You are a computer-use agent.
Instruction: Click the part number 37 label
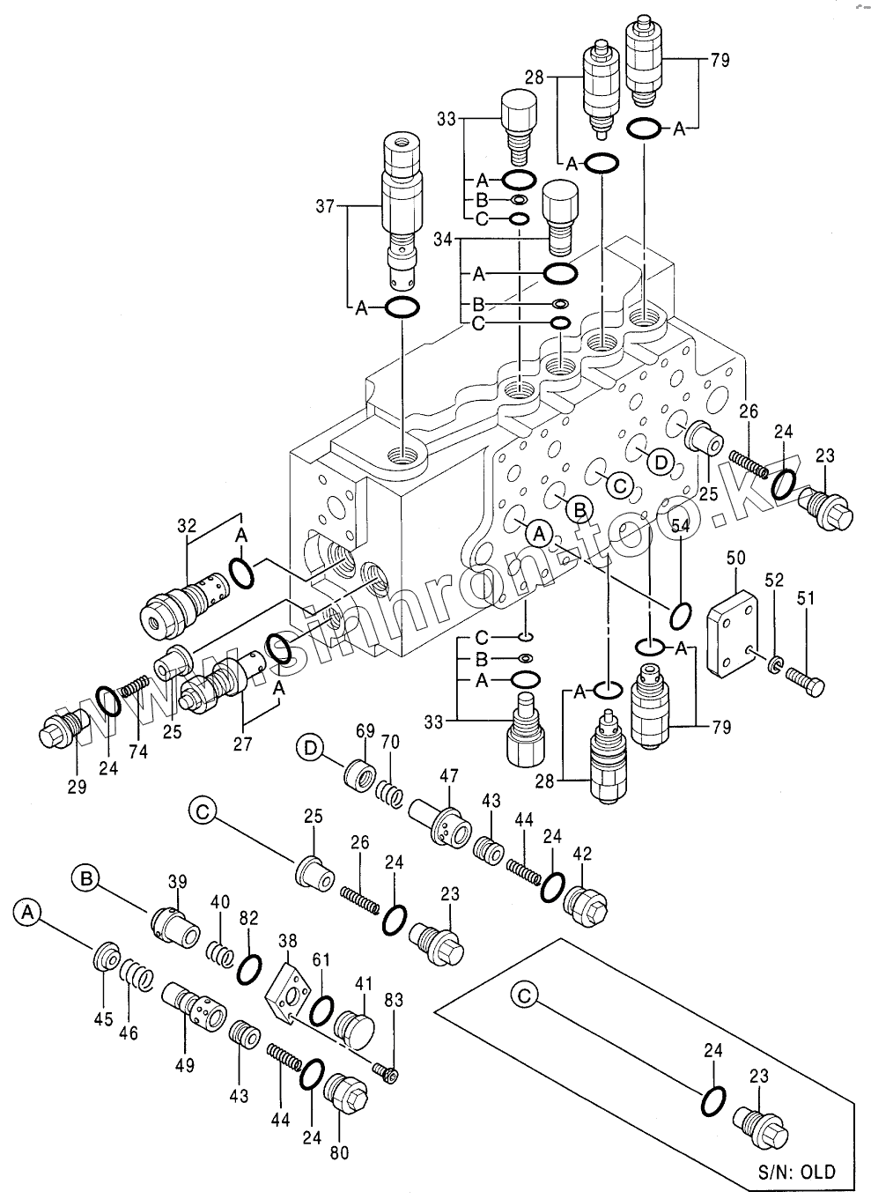point(326,207)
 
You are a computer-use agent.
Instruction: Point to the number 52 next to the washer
point(774,581)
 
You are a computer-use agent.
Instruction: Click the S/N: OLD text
point(796,1173)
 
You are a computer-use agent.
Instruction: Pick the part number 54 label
point(680,526)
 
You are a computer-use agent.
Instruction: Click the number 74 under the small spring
point(138,751)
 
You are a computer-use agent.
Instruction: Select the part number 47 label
point(449,775)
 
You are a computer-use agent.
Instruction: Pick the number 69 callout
point(365,730)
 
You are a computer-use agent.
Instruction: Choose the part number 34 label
point(443,239)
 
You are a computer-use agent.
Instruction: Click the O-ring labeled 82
point(249,966)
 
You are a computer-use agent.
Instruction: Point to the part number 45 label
point(104,1019)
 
